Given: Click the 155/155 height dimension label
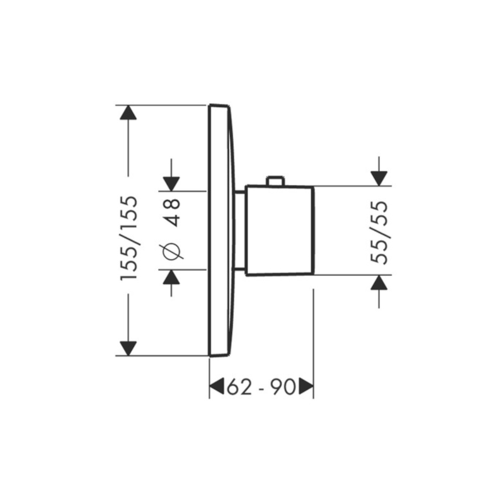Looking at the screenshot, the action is coord(129,238).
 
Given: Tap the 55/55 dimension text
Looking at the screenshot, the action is coord(379,232).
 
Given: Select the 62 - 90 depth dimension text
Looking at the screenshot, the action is coord(261,387).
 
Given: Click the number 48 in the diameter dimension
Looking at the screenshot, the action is coord(171,212).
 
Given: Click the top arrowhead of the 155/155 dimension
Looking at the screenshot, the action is coord(129,113).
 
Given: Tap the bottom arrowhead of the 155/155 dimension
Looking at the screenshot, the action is coord(129,348).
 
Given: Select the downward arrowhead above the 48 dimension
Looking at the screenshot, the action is coord(171,184).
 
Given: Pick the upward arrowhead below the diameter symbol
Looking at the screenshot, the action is coord(171,277).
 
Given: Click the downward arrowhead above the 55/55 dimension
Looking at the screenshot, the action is coord(379,179).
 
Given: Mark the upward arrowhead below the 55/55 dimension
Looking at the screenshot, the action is coord(379,283).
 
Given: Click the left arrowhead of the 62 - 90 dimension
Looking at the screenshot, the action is coord(217,386).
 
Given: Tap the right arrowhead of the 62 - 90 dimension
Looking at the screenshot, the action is coord(306,386).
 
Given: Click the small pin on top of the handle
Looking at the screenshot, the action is coord(276,181).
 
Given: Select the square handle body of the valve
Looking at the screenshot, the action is coord(279,231).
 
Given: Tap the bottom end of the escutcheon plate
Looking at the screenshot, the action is coord(219,355).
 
